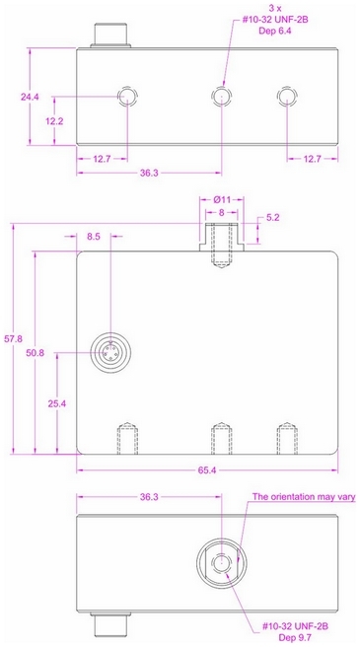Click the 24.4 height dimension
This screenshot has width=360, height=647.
pos(30,97)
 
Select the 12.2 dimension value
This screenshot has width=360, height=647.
pos(53,121)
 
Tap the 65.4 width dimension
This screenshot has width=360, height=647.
pos(207,470)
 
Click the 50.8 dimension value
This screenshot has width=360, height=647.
pos(35,352)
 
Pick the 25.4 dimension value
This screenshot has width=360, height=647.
pos(57,404)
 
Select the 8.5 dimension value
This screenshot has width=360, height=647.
pos(94,237)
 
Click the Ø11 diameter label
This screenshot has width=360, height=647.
pos(221,200)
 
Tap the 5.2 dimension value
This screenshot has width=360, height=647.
pos(272,217)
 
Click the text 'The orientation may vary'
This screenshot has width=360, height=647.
pos(304,496)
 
